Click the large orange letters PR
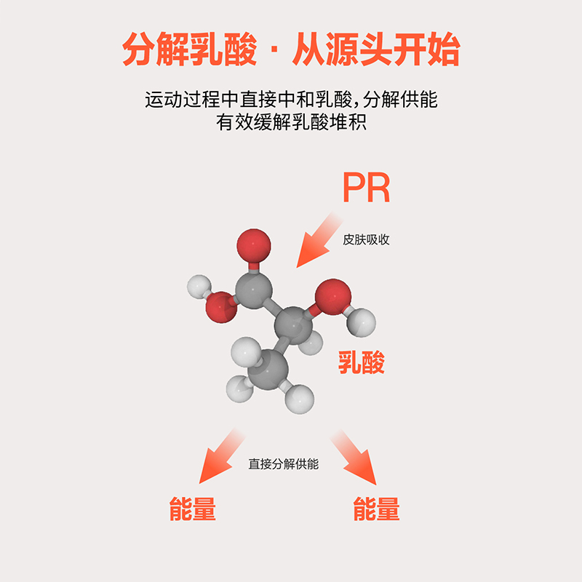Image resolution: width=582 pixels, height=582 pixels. click(367, 188)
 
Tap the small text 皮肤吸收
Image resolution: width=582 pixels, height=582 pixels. click(366, 240)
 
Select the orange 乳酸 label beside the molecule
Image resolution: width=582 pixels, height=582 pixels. click(361, 362)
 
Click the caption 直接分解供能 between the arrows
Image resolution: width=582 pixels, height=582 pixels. click(284, 464)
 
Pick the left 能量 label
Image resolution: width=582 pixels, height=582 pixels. click(192, 509)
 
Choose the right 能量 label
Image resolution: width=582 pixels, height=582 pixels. click(376, 509)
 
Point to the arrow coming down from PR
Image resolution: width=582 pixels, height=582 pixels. click(319, 241)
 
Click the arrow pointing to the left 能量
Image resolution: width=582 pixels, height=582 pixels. click(221, 457)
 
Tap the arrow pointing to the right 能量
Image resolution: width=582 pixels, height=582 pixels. click(354, 458)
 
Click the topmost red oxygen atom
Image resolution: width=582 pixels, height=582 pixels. click(254, 246)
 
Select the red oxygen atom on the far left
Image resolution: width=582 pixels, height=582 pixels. click(221, 307)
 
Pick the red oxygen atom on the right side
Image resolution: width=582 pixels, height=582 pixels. click(333, 297)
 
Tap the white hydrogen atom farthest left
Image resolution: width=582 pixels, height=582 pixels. click(199, 287)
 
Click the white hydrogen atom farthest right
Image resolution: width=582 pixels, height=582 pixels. click(361, 322)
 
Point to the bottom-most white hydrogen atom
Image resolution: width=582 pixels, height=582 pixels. click(300, 399)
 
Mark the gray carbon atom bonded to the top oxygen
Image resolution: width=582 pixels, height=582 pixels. click(254, 290)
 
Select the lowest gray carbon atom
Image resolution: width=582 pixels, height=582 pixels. click(268, 370)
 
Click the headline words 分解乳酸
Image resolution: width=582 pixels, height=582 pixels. click(190, 49)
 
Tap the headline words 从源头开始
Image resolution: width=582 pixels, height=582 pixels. click(376, 49)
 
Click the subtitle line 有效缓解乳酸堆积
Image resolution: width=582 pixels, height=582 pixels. click(292, 122)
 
